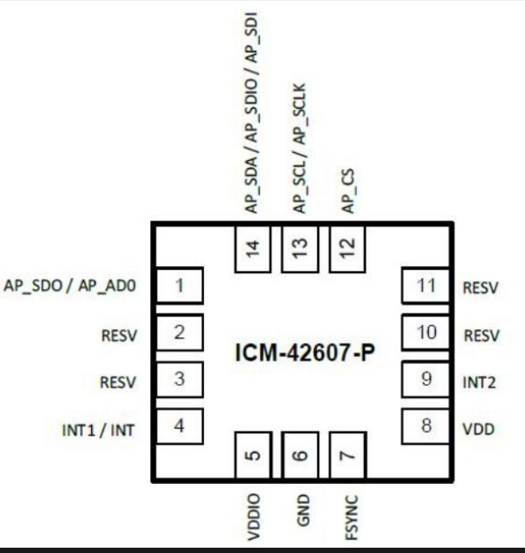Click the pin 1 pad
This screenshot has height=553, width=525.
pyautogui.click(x=179, y=285)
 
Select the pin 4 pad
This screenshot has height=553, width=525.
pyautogui.click(x=179, y=426)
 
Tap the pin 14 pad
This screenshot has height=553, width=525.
pyautogui.click(x=253, y=249)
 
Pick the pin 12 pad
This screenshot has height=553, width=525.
pyautogui.click(x=347, y=249)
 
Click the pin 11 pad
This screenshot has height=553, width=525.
pyautogui.click(x=426, y=286)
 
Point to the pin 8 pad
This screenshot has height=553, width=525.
pyautogui.click(x=426, y=426)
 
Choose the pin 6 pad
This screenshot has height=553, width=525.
pyautogui.click(x=301, y=455)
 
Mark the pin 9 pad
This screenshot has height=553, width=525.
pyautogui.click(x=426, y=380)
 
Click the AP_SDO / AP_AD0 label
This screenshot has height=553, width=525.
pyautogui.click(x=70, y=286)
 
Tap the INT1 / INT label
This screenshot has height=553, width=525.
pyautogui.click(x=98, y=430)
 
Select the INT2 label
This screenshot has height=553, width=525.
pyautogui.click(x=479, y=382)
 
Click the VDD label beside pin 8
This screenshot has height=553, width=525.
pyautogui.click(x=478, y=429)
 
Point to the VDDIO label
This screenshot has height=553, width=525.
pyautogui.click(x=254, y=517)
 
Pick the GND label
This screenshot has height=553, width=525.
pyautogui.click(x=302, y=510)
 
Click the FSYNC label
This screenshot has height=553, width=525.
pyautogui.click(x=351, y=518)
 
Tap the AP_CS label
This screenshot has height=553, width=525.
pyautogui.click(x=348, y=191)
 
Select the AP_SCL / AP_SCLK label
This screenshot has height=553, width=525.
pyautogui.click(x=300, y=148)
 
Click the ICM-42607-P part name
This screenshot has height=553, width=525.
pyautogui.click(x=304, y=353)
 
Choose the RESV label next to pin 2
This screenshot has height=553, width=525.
pyautogui.click(x=119, y=335)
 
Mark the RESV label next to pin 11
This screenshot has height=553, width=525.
pyautogui.click(x=480, y=288)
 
